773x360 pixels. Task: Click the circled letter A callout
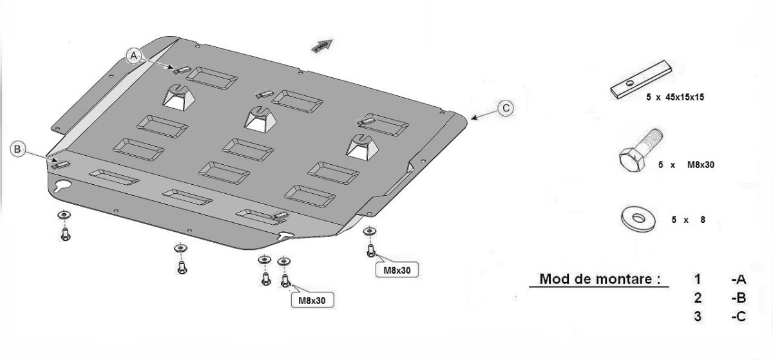click(134, 56)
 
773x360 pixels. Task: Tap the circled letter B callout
click(19, 149)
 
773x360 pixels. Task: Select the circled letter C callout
click(506, 108)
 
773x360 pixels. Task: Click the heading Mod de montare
click(600, 279)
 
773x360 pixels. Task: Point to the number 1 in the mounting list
click(698, 279)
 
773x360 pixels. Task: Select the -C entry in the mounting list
click(738, 317)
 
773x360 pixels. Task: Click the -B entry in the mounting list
click(738, 299)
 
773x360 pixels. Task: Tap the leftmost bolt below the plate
click(65, 234)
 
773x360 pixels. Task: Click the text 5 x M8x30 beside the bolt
click(686, 165)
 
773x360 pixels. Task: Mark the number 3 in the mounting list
click(698, 317)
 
